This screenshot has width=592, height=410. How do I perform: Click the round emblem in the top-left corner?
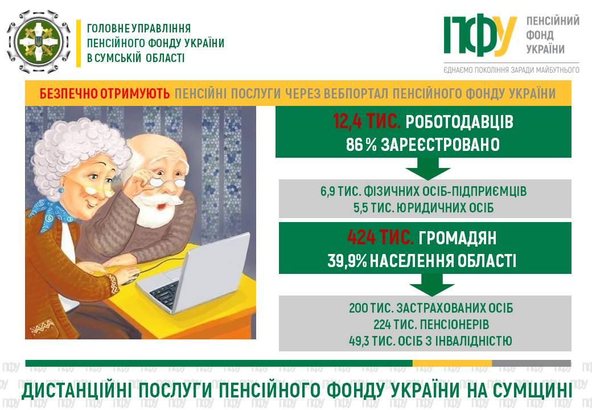pos(39,42)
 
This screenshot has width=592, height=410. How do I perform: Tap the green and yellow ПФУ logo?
pos(480,35)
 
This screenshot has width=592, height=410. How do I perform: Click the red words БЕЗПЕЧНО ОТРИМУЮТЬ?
pos(105,93)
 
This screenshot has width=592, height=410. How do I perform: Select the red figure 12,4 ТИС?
pos(366,121)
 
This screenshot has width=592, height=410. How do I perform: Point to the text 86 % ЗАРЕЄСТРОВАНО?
pos(423,145)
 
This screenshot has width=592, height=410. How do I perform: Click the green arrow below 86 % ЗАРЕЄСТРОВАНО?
pos(427,169)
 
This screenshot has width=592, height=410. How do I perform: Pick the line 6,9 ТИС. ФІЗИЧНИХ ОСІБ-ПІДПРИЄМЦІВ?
pos(424,191)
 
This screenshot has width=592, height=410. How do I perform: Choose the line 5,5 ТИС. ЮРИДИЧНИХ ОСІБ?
pos(424,208)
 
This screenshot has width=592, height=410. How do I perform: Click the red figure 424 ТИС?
pos(380,238)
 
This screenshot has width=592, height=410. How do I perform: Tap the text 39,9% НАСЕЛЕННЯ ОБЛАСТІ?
pos(421,261)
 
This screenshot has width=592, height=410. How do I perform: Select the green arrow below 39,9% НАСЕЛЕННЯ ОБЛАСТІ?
pos(431,285)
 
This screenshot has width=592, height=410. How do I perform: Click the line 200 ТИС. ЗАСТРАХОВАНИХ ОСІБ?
pos(431,308)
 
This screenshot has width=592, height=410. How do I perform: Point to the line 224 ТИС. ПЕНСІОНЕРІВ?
pos(431,325)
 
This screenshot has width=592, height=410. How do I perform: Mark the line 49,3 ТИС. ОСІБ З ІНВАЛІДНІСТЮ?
pos(430,341)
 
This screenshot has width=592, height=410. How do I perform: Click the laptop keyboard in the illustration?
pos(165,294)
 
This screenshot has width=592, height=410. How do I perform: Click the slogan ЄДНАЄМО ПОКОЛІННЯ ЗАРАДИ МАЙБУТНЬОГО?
pos(512,70)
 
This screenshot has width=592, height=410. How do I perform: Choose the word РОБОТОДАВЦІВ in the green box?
pos(459,122)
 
